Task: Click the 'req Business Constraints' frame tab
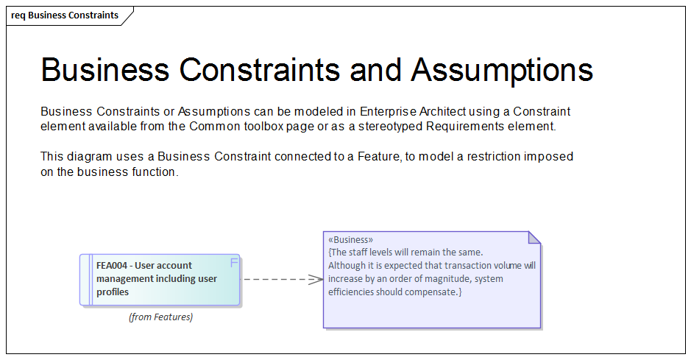[65, 15]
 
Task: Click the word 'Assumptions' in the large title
[502, 70]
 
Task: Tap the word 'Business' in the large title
[104, 70]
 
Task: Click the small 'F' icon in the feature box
[234, 263]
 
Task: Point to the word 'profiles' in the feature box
[113, 292]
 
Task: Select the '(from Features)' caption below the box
[160, 317]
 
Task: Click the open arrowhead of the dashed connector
[316, 279]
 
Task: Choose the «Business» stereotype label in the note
[351, 239]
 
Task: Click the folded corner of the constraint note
[534, 237]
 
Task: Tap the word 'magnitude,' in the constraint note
[446, 279]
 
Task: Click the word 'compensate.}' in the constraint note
[436, 292]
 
